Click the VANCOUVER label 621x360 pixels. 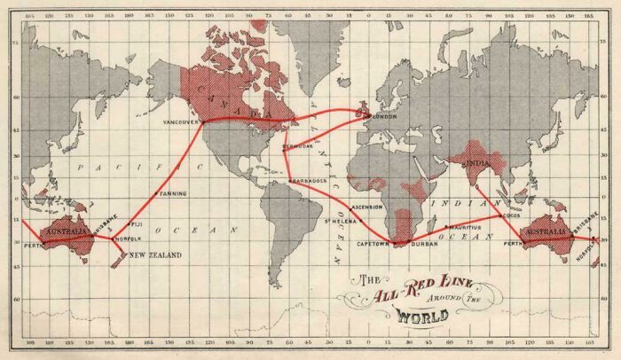pos(181,122)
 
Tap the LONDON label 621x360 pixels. pos(384,116)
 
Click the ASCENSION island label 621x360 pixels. pos(366,207)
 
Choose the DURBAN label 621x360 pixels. pos(424,242)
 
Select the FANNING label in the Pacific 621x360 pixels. pos(172,192)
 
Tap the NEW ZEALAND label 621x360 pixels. pos(155,255)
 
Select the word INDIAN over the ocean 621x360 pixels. pos(452,204)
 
